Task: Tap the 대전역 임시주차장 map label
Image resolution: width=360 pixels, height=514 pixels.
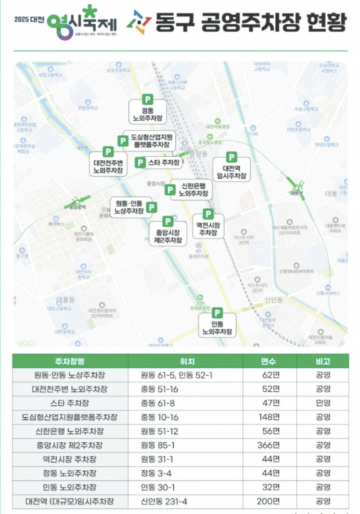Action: pyautogui.click(x=231, y=172)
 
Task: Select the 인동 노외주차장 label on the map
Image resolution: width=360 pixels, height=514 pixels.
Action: pyautogui.click(x=218, y=327)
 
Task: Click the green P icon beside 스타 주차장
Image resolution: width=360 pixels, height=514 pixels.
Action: pyautogui.click(x=140, y=162)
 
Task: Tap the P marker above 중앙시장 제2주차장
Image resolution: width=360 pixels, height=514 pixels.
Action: pyautogui.click(x=168, y=222)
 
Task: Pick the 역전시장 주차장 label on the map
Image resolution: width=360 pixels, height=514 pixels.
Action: pyautogui.click(x=207, y=229)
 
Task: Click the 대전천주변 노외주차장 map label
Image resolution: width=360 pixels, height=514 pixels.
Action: pyautogui.click(x=108, y=166)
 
